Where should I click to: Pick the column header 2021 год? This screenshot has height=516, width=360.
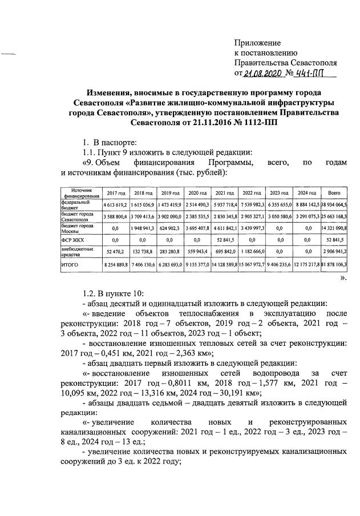225,193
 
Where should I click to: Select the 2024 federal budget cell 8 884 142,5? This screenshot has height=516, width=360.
308,204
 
